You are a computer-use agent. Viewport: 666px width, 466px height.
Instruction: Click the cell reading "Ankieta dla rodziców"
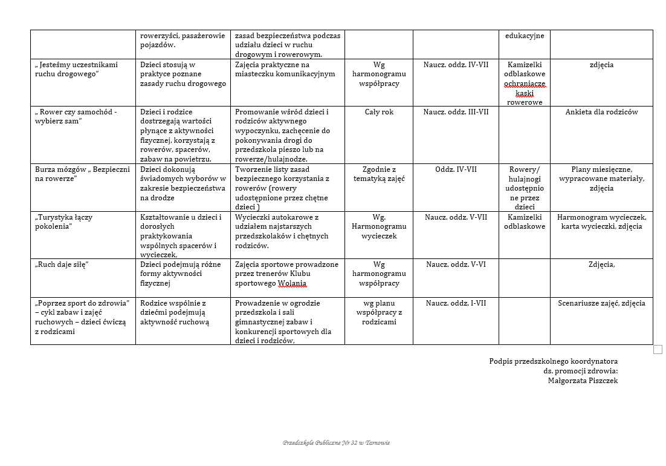tap(601, 112)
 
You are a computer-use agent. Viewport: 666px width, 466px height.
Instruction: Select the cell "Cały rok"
tap(379, 112)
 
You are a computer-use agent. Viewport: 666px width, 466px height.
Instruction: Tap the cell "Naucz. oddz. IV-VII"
tap(456, 65)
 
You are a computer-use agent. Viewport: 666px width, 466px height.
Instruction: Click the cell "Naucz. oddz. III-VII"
tap(456, 112)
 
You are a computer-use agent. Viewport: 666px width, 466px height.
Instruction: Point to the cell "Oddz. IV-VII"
tap(456, 169)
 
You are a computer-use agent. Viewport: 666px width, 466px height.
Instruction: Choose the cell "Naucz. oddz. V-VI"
tap(456, 264)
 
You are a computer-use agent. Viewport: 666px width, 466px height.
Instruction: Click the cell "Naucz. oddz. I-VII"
tap(456, 303)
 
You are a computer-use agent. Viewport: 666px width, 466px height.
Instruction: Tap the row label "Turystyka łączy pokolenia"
tap(64, 222)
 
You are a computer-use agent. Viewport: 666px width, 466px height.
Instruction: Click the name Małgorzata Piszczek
tap(583, 381)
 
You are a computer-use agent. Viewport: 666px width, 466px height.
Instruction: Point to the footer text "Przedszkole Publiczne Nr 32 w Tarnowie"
tap(336, 443)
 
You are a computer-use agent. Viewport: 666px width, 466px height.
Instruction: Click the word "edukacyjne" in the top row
tap(525, 36)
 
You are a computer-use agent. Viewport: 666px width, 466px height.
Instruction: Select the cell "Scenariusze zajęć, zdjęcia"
tap(601, 303)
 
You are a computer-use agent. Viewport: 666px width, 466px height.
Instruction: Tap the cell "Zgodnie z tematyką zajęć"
tap(379, 174)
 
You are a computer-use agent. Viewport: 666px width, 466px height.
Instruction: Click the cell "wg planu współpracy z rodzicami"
tap(379, 312)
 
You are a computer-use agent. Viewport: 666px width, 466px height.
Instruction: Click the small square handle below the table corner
tap(658, 349)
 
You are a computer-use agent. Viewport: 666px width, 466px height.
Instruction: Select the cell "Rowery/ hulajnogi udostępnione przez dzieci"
tap(525, 188)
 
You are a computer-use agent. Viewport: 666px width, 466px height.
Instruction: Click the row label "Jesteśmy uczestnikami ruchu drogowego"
tap(76, 69)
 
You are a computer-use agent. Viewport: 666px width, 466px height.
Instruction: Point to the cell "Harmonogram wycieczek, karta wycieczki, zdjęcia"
tap(601, 222)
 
